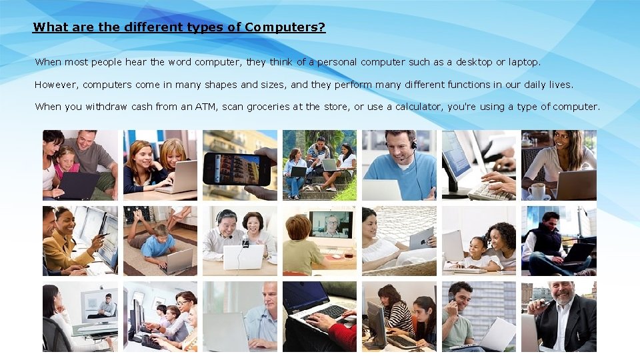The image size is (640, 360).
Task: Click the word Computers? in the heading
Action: click(285, 27)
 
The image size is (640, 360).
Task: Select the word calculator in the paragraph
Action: click(419, 107)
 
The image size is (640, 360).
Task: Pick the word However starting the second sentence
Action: click(57, 85)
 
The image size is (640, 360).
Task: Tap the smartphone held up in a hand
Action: click(236, 168)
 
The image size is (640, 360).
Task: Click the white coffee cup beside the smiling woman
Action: click(537, 191)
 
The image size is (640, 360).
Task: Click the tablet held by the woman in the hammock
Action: click(421, 239)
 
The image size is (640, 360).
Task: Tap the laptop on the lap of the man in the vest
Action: click(577, 252)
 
